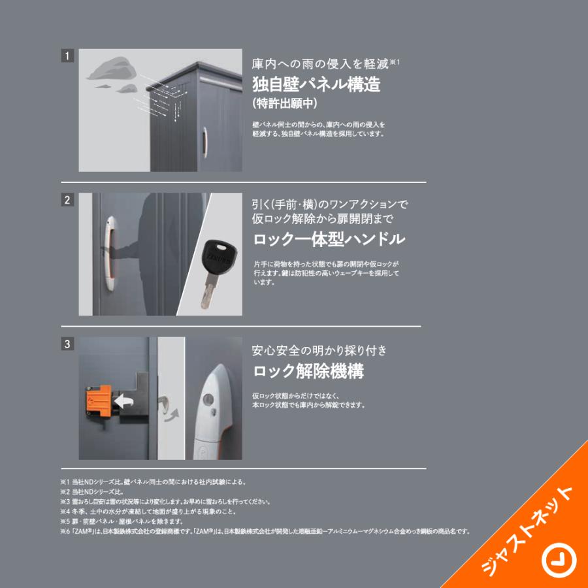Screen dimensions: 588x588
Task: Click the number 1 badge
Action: click(x=67, y=56)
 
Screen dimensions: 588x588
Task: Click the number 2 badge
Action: click(x=67, y=200)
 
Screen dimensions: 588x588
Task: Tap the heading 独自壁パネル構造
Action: click(x=316, y=84)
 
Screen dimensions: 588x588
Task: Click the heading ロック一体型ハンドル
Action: click(x=329, y=239)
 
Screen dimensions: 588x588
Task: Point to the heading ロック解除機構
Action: click(x=308, y=372)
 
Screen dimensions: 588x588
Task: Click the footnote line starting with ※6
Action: click(x=265, y=531)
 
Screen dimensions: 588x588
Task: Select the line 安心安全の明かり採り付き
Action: click(x=319, y=351)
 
